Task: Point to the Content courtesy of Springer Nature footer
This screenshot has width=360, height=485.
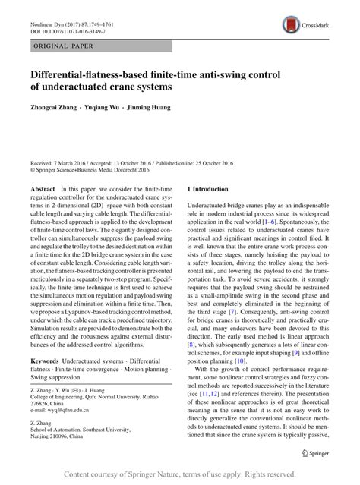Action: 179,474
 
